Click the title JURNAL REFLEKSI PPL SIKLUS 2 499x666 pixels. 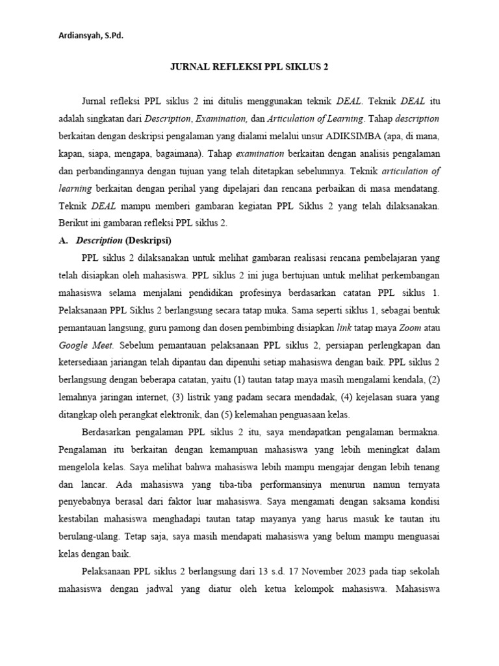249,67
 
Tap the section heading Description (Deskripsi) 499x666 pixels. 123,240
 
